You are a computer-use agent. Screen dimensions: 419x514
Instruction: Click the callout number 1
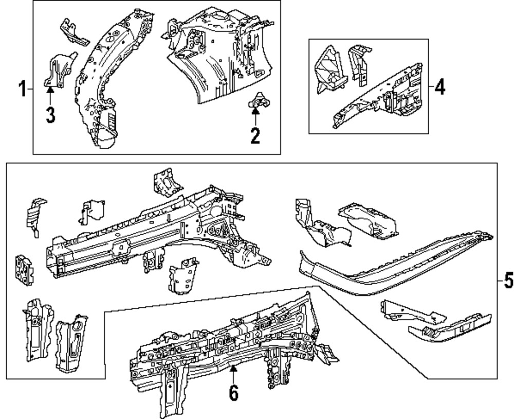22,89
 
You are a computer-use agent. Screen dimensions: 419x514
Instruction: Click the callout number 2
255,136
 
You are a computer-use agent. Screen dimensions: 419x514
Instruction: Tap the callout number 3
50,114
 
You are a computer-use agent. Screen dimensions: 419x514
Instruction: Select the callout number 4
439,87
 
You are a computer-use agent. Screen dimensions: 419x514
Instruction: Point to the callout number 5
507,281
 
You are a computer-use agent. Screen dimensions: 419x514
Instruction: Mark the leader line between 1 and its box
30,89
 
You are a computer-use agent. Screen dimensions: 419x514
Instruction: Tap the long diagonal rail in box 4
380,98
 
